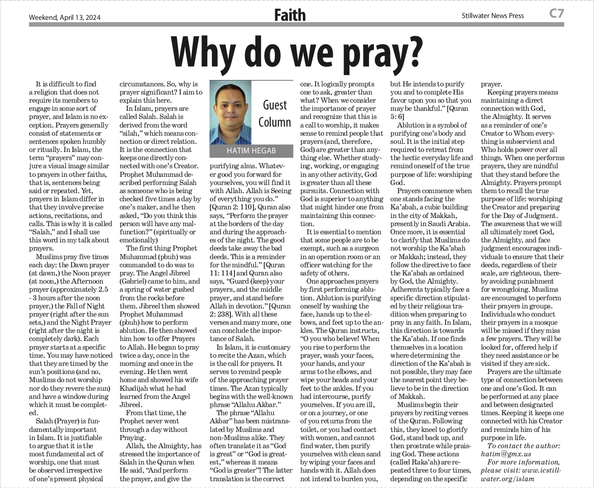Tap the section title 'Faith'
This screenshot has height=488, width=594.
tap(290, 15)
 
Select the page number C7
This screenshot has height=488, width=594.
tap(556, 14)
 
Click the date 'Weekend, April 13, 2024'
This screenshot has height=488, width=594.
tap(65, 18)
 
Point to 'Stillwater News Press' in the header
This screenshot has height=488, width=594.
tap(493, 16)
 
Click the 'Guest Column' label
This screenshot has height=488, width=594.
tap(275, 114)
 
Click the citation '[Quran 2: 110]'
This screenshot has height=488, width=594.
tap(231, 207)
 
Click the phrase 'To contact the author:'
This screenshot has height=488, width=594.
tap(523, 445)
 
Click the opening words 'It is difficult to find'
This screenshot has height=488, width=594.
tap(66, 84)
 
